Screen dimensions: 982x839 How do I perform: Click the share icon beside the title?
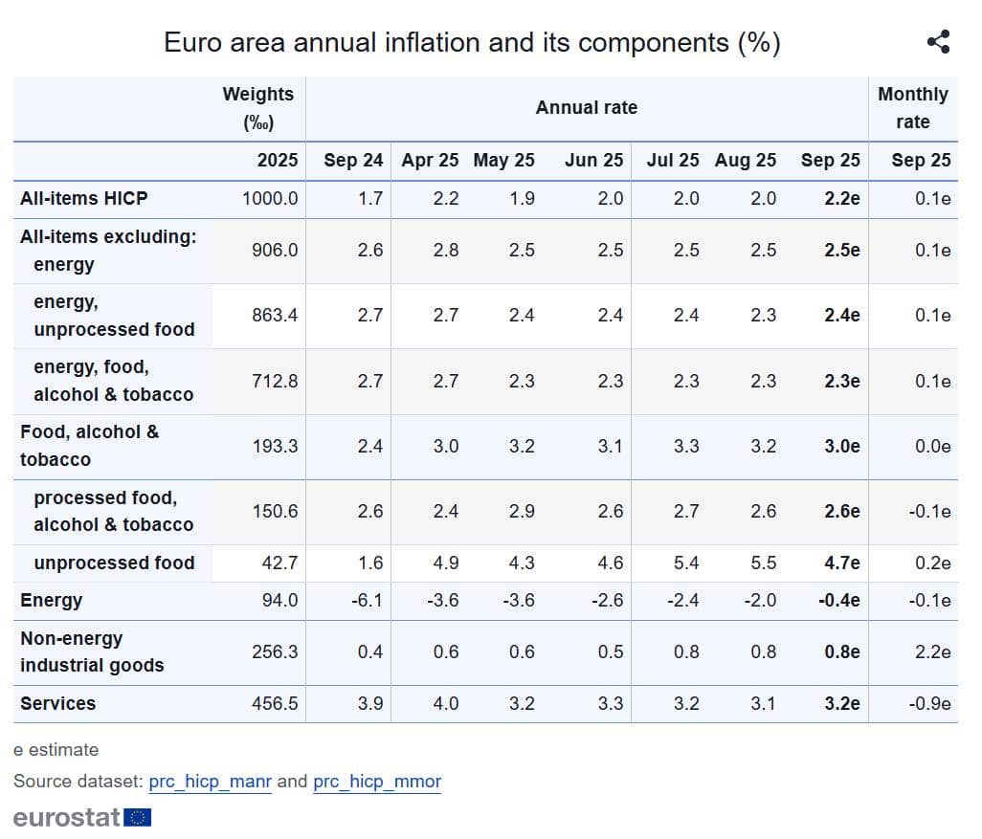click(938, 42)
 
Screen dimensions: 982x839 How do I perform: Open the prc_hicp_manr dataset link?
click(210, 782)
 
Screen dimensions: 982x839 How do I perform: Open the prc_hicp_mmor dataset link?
click(377, 782)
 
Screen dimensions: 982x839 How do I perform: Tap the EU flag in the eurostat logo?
click(137, 817)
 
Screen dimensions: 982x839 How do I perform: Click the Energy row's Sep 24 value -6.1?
click(367, 601)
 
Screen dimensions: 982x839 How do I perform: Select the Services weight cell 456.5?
click(275, 704)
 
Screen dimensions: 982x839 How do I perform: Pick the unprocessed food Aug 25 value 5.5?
click(764, 563)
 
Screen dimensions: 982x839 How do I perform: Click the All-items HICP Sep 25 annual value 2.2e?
click(841, 198)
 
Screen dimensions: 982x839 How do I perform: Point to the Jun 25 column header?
click(593, 161)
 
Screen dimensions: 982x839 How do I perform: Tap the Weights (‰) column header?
click(258, 108)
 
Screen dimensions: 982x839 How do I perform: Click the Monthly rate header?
click(912, 108)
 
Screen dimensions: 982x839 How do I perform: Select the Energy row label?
click(52, 601)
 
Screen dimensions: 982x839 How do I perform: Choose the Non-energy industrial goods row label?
click(92, 651)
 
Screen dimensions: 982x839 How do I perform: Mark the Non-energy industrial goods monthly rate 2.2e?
click(932, 651)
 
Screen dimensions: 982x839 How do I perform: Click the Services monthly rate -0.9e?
click(929, 704)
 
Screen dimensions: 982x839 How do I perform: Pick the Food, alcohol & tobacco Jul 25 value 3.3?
click(686, 447)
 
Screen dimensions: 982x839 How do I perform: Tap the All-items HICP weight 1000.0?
click(270, 198)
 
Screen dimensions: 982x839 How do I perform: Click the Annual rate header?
click(587, 108)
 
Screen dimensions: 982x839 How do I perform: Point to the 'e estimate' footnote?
click(56, 750)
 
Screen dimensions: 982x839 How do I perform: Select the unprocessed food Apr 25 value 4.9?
click(446, 563)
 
